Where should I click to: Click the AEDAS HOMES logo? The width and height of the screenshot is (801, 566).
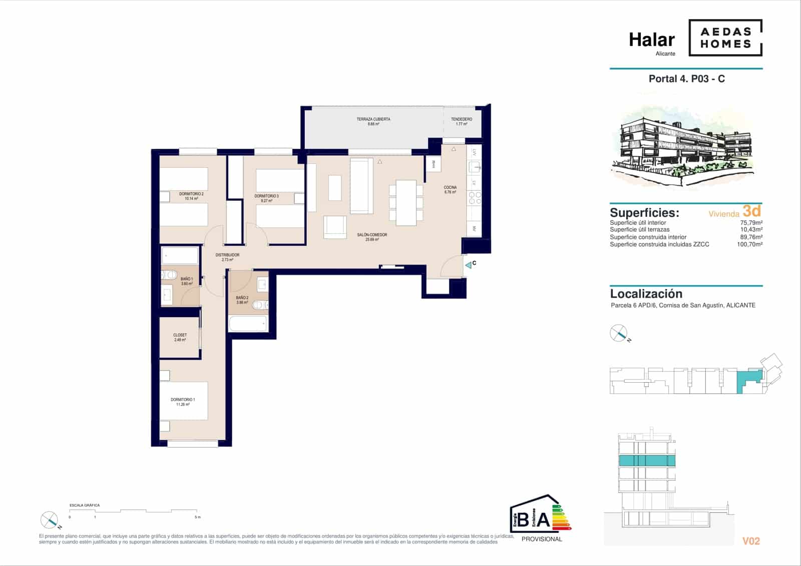click(x=725, y=38)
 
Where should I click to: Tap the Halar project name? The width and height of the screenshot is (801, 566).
click(x=651, y=40)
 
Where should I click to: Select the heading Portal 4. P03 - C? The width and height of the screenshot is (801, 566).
click(x=686, y=79)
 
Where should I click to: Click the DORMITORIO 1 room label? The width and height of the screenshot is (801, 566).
click(x=183, y=400)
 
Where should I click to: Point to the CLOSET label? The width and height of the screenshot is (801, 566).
click(x=180, y=335)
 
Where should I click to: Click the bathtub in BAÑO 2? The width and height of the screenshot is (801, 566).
click(x=248, y=323)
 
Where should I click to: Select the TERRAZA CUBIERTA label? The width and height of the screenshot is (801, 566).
click(x=373, y=119)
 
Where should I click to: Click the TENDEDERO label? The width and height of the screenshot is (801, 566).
click(x=461, y=119)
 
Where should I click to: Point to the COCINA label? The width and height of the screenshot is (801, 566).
click(x=450, y=187)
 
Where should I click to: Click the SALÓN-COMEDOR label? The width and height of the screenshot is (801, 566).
click(x=371, y=235)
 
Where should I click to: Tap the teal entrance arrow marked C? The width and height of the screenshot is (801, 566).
click(x=469, y=265)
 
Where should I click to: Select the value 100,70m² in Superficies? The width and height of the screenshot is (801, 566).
click(x=749, y=244)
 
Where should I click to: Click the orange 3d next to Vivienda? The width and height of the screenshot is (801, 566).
click(x=751, y=210)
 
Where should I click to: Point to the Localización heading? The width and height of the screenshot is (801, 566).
click(x=646, y=294)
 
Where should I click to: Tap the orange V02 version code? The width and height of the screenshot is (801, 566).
click(x=750, y=541)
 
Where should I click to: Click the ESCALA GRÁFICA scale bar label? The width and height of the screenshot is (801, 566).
click(x=85, y=505)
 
